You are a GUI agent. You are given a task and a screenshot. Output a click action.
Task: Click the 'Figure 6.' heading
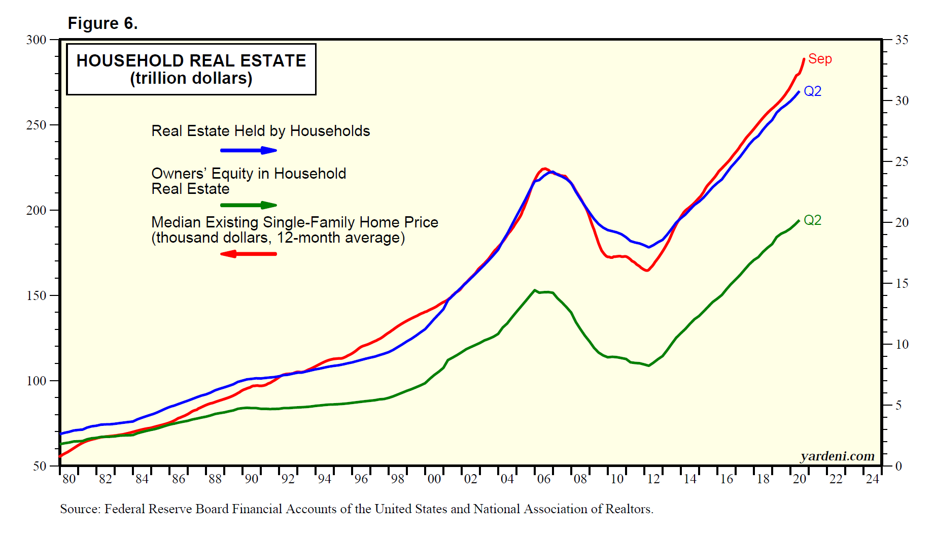click(x=102, y=23)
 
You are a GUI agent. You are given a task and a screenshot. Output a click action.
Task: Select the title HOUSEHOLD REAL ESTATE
click(x=191, y=60)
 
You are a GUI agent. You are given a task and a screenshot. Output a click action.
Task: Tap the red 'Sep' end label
click(x=820, y=59)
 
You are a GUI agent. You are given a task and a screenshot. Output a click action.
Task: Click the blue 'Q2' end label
click(x=812, y=91)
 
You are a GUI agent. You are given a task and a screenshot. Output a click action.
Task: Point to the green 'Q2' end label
click(x=812, y=220)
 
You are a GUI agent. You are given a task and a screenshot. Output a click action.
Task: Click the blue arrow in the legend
click(x=249, y=150)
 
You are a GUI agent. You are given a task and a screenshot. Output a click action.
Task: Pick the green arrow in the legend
click(x=249, y=205)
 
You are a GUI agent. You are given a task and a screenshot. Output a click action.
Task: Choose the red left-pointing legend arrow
click(x=249, y=254)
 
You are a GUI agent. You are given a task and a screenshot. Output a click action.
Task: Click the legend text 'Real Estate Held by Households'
click(x=261, y=131)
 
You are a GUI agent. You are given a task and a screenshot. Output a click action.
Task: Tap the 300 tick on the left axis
click(x=36, y=40)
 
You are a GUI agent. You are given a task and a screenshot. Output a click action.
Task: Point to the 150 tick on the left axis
click(x=36, y=295)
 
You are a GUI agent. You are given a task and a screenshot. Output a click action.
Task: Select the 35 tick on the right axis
click(x=902, y=40)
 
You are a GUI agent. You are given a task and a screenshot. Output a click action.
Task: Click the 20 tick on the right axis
click(x=902, y=222)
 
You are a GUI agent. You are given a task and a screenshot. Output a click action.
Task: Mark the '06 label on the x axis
click(x=543, y=479)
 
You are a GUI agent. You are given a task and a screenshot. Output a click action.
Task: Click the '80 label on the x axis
click(x=68, y=479)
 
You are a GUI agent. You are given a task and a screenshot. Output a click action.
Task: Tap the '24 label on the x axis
click(x=872, y=479)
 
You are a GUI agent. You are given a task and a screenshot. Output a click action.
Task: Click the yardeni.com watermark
click(x=838, y=456)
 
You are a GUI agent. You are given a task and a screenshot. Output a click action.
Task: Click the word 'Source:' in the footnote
click(x=80, y=509)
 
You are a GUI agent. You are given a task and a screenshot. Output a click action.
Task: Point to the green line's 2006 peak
click(x=535, y=290)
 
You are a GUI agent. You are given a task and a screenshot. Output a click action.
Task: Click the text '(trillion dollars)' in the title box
click(x=191, y=79)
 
